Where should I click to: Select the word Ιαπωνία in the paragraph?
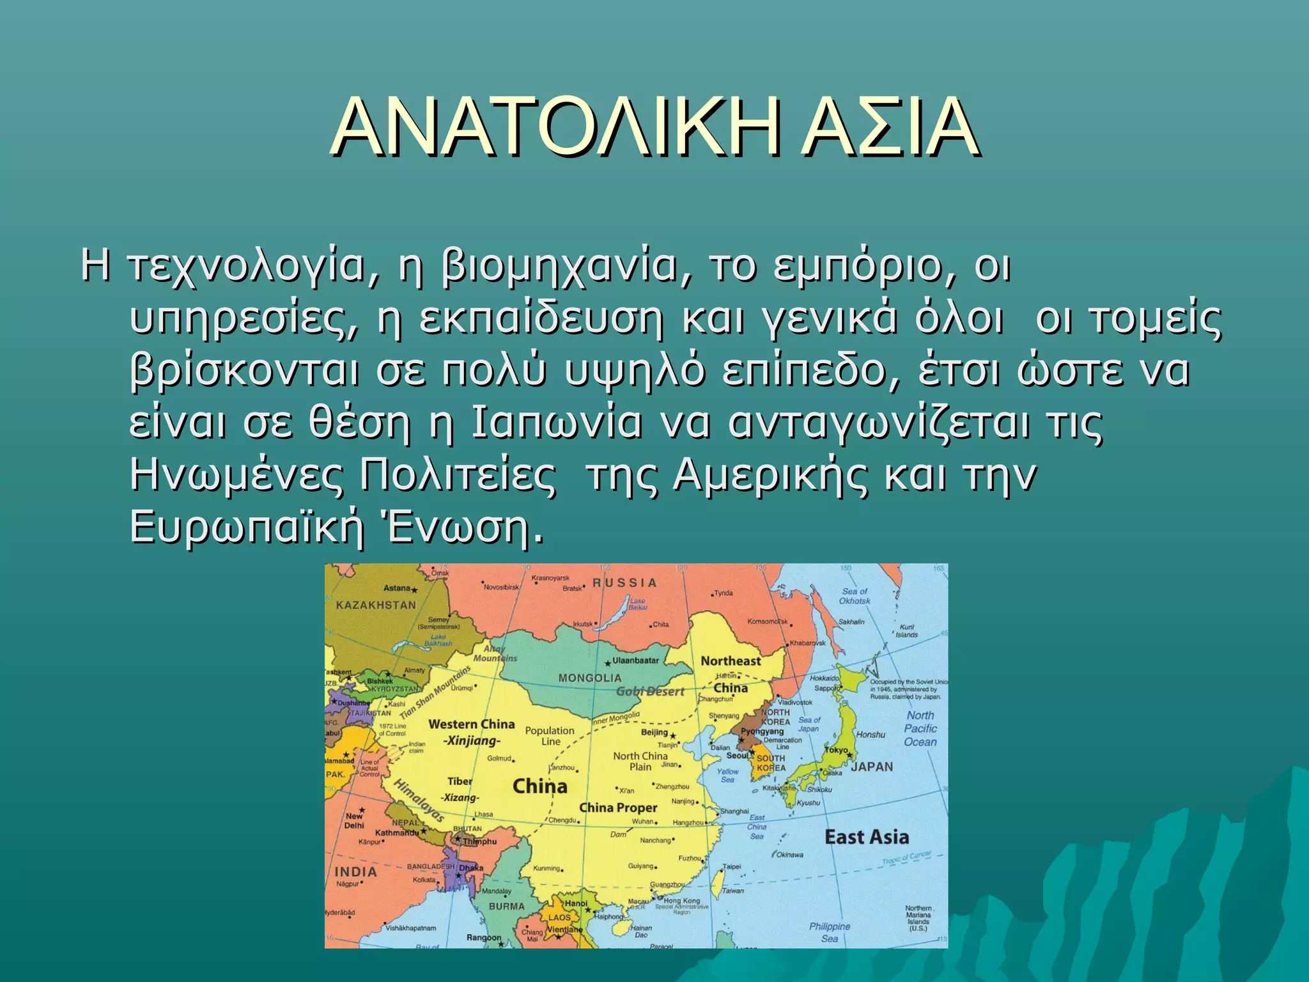(x=556, y=423)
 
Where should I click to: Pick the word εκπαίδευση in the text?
(x=542, y=320)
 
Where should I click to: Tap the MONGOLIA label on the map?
(x=589, y=678)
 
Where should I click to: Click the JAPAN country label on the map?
(x=872, y=767)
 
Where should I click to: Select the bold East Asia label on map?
(x=866, y=837)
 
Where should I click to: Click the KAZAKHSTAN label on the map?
(x=376, y=605)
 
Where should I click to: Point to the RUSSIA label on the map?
(x=624, y=582)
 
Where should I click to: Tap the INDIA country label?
(x=356, y=872)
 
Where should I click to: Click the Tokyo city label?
(x=837, y=751)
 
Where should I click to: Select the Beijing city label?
(x=654, y=733)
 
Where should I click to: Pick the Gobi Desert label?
(x=650, y=691)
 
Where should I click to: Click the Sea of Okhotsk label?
(x=855, y=596)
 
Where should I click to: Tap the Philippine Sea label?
(x=830, y=932)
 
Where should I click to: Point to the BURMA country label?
(x=506, y=906)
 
